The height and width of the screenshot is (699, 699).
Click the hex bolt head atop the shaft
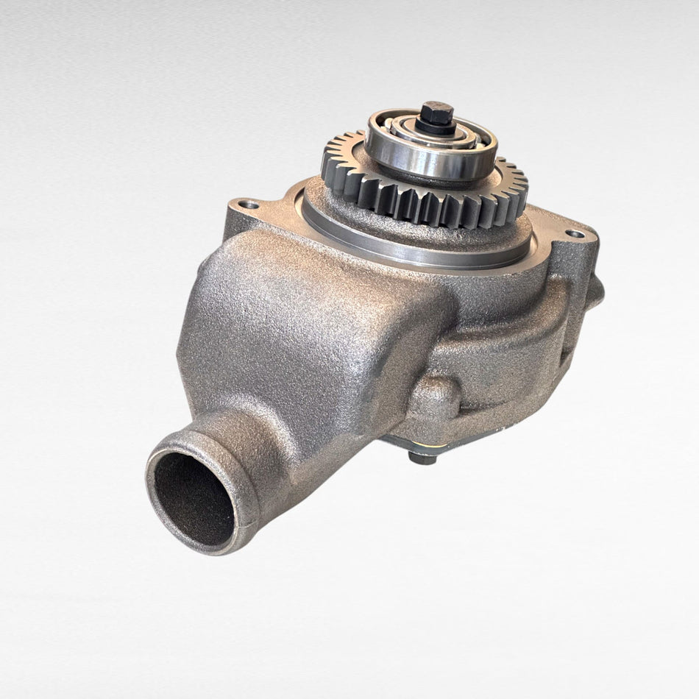[437, 113]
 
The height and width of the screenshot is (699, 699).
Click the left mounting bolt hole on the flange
[249, 204]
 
